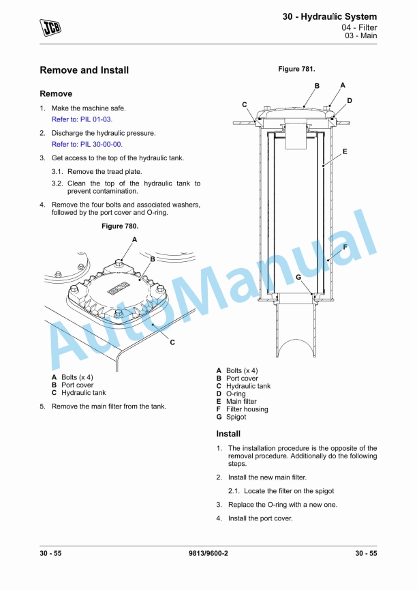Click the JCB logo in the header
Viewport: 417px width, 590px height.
[x=50, y=27]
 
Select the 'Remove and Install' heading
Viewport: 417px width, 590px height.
[x=84, y=70]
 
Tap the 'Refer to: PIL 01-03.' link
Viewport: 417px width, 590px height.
[x=82, y=119]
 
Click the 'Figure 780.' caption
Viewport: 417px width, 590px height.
[x=119, y=226]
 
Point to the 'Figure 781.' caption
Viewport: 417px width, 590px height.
[x=296, y=69]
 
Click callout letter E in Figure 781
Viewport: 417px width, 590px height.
[x=345, y=151]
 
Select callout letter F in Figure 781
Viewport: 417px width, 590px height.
[x=345, y=247]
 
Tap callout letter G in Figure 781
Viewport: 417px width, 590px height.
[x=298, y=277]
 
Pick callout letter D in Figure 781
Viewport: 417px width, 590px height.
[x=349, y=101]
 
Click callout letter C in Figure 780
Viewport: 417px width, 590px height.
[x=172, y=342]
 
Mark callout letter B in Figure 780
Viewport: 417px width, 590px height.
[x=153, y=259]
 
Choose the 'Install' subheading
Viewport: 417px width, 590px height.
[x=228, y=434]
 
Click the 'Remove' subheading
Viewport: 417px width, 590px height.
[x=56, y=93]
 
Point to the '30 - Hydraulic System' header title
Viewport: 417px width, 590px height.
[x=330, y=16]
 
